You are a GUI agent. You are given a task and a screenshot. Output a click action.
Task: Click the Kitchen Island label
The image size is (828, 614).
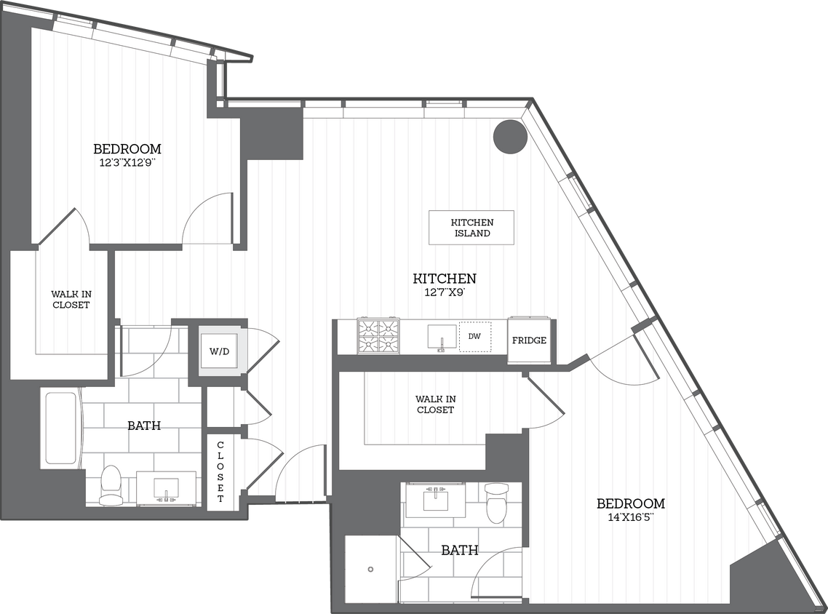pyautogui.click(x=471, y=228)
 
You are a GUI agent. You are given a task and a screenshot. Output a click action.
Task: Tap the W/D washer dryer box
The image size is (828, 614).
pyautogui.click(x=219, y=351)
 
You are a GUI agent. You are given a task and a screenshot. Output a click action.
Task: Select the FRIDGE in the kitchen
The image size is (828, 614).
pyautogui.click(x=529, y=340)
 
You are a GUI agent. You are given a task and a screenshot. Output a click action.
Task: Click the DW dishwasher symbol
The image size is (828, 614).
pyautogui.click(x=474, y=337)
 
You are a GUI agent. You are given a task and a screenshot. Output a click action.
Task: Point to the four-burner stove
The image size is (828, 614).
pyautogui.click(x=378, y=336)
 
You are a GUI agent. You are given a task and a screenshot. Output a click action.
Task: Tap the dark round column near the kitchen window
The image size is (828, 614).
pyautogui.click(x=509, y=137)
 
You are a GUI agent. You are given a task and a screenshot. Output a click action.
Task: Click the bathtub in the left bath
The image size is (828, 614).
pyautogui.click(x=61, y=428)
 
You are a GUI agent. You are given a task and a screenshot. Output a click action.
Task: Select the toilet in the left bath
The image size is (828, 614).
pyautogui.click(x=111, y=487)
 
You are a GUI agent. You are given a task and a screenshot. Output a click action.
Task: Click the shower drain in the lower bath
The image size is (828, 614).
pyautogui.click(x=370, y=569)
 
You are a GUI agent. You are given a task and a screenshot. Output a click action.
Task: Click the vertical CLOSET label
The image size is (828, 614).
pyautogui.click(x=220, y=471)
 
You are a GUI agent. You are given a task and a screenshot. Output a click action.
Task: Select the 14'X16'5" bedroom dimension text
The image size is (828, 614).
pyautogui.click(x=630, y=517)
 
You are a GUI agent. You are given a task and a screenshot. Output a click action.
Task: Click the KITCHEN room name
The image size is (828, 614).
pyautogui.click(x=445, y=279)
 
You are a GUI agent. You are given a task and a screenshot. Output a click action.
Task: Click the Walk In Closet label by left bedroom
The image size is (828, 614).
pyautogui.click(x=71, y=299)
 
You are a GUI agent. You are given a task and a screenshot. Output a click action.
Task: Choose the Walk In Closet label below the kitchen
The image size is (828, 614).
pyautogui.click(x=435, y=404)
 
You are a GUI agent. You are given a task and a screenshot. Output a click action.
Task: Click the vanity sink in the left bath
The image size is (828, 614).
pyautogui.click(x=167, y=487)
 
